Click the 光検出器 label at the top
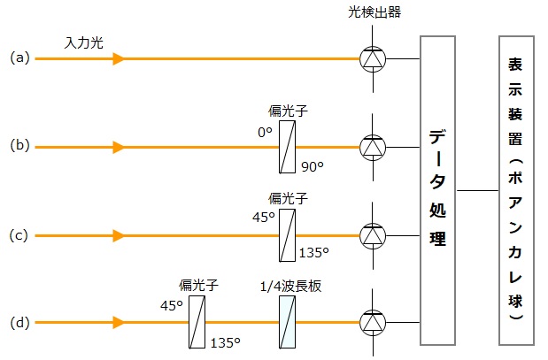click(373, 11)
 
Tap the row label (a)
click(19, 58)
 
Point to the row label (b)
click(19, 147)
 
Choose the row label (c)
click(19, 235)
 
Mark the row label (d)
click(19, 323)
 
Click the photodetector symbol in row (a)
click(373, 58)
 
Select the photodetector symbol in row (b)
click(373, 147)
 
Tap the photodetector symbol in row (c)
click(373, 235)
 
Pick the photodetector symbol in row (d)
click(373, 323)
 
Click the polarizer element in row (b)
click(287, 147)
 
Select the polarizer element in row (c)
click(287, 235)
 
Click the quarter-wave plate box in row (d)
click(287, 323)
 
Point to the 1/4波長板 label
click(287, 286)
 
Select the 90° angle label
click(313, 165)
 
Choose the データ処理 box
click(437, 190)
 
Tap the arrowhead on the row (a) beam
click(118, 58)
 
